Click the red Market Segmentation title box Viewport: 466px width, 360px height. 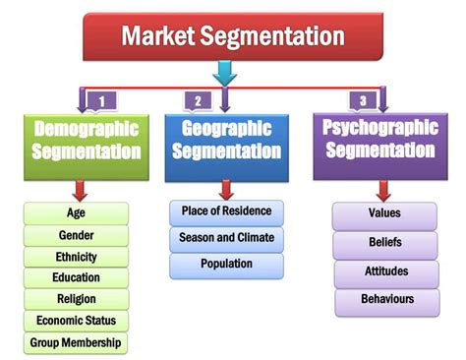click(232, 36)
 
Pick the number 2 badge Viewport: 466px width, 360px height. click(198, 99)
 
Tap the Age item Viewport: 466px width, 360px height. click(76, 213)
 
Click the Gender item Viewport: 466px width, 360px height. click(76, 235)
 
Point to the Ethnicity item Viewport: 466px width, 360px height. click(76, 257)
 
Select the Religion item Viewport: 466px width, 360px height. click(76, 299)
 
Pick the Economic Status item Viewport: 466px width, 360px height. click(76, 321)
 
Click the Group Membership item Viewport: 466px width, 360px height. click(76, 342)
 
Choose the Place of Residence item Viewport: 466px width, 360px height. click(226, 211)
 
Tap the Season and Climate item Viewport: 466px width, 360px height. click(226, 238)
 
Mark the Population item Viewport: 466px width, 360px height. click(226, 265)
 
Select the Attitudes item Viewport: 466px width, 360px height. click(384, 271)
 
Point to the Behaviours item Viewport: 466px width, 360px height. click(384, 300)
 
